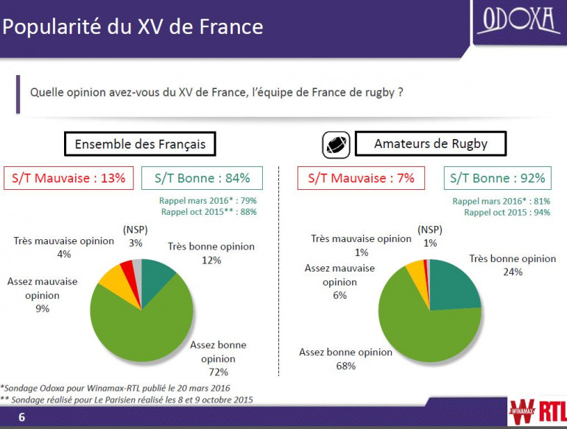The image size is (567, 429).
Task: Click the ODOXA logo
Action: tap(519, 21)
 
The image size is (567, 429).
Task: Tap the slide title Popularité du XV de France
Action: tap(133, 27)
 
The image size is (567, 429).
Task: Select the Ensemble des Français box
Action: tap(140, 143)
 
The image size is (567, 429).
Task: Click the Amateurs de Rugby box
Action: tap(431, 143)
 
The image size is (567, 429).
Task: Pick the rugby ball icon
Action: tap(335, 144)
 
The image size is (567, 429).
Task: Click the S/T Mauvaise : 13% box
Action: tap(69, 178)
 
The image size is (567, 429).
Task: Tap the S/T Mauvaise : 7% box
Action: tap(361, 178)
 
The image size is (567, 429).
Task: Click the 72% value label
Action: tap(218, 372)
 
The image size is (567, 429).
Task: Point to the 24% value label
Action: tap(513, 272)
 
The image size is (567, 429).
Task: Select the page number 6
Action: tap(21, 418)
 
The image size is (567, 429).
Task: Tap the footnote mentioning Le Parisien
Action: tap(127, 400)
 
